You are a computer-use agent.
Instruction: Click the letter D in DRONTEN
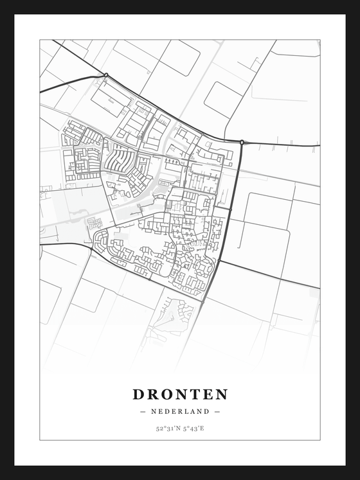139,394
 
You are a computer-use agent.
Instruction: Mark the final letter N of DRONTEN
222,394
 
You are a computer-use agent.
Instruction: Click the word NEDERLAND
180,411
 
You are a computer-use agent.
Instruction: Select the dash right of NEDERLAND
217,411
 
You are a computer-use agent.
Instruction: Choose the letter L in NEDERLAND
188,411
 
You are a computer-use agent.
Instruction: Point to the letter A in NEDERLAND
194,411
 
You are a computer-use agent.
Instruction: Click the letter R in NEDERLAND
181,411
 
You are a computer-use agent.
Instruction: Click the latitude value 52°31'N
166,428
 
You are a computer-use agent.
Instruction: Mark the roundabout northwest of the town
106,76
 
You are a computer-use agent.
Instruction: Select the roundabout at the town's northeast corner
242,142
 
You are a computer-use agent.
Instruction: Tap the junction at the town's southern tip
203,301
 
